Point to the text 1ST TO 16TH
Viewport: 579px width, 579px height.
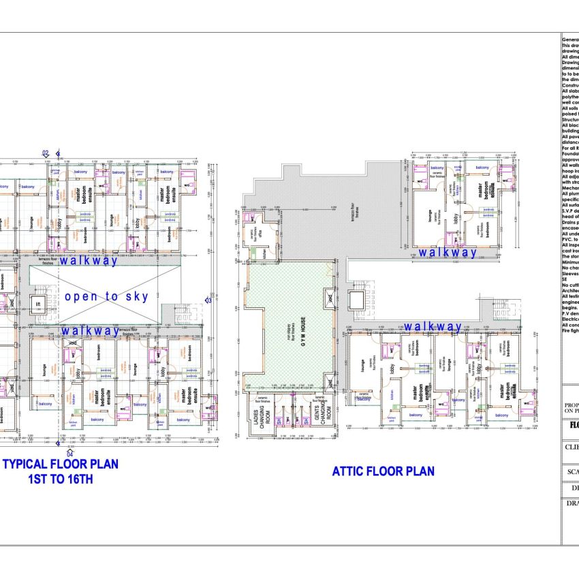(x=61, y=479)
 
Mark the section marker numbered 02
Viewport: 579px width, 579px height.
(x=46, y=153)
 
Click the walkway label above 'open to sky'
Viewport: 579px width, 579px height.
(x=89, y=260)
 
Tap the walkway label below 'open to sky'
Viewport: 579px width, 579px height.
(x=89, y=330)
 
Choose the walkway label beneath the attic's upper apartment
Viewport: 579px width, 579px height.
(x=448, y=253)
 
